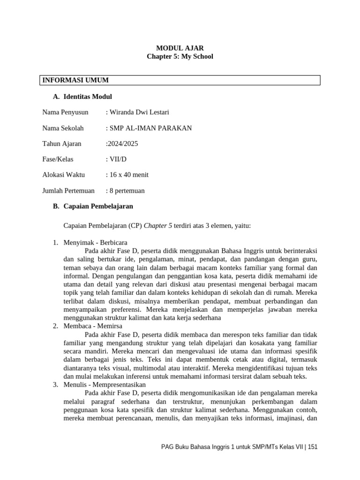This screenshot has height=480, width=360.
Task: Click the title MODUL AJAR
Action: (180, 48)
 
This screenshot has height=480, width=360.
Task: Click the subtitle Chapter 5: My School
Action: (180, 56)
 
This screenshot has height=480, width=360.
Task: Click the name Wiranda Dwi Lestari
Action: (139, 112)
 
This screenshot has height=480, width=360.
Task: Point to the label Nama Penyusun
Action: (65, 112)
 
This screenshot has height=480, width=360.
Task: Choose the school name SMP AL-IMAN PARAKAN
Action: (150, 128)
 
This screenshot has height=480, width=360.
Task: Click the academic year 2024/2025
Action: (122, 143)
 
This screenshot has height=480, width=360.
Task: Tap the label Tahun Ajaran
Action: (61, 143)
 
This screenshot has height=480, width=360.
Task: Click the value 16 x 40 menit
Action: (128, 175)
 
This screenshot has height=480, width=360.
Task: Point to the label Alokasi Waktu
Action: (63, 175)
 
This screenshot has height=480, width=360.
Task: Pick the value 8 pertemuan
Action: (127, 190)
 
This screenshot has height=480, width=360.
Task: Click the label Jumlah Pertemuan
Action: (68, 190)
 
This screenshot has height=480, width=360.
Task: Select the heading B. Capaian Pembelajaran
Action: (93, 206)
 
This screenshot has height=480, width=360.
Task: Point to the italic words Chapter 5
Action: (158, 225)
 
